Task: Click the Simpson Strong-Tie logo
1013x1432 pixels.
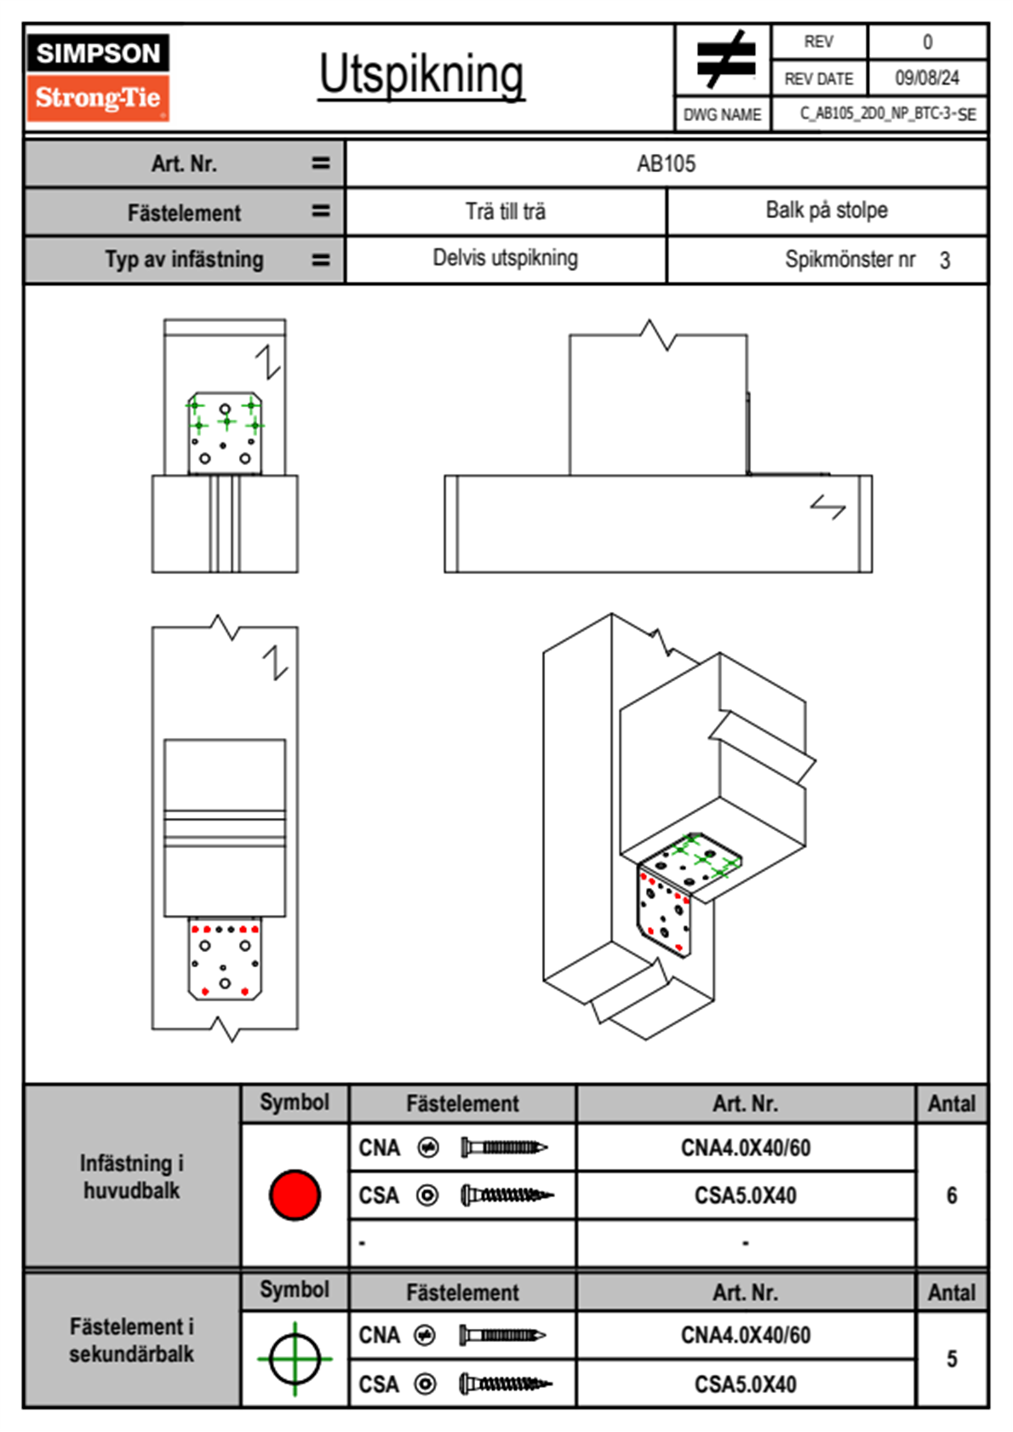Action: (98, 77)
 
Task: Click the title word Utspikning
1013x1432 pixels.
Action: (421, 75)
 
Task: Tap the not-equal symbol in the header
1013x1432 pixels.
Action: (724, 59)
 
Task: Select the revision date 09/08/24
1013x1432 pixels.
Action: (926, 78)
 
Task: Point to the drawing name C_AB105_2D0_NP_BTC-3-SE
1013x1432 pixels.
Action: (887, 114)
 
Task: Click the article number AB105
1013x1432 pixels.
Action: (666, 163)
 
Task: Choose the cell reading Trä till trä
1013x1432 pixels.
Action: (506, 211)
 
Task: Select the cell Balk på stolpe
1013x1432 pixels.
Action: (826, 210)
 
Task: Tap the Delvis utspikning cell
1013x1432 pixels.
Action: (505, 258)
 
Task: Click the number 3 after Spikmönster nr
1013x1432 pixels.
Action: (945, 261)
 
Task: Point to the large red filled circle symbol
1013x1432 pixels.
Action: (295, 1194)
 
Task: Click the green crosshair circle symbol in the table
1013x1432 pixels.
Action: (295, 1358)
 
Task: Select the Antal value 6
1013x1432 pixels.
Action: (952, 1195)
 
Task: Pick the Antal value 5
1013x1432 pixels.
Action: (952, 1359)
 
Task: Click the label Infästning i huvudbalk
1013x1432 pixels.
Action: (132, 1177)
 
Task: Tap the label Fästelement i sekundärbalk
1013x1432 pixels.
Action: (132, 1340)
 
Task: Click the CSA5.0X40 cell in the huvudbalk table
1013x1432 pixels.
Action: (746, 1196)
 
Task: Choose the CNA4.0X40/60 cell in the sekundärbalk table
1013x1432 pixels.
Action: (746, 1335)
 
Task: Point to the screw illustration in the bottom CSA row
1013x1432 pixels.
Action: (505, 1384)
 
